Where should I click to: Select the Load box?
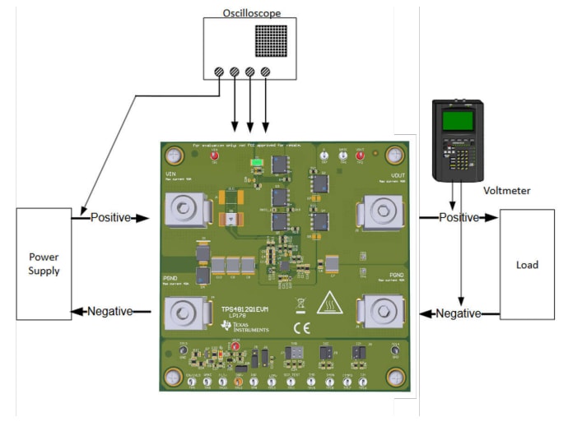click(x=527, y=265)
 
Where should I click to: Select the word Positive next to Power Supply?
click(x=110, y=218)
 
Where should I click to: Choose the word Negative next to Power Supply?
click(x=111, y=311)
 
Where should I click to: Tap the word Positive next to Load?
click(x=458, y=218)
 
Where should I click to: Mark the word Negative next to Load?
click(x=459, y=313)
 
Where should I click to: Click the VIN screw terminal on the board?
click(x=187, y=211)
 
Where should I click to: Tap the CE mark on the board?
click(x=302, y=327)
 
